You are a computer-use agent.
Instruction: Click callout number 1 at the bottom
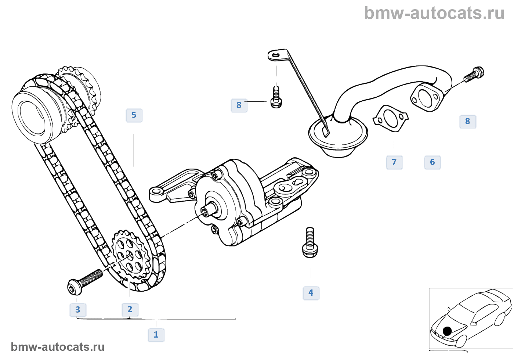pos(156,335)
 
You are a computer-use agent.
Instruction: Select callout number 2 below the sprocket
pos(130,309)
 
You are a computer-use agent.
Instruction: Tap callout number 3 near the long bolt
pos(78,310)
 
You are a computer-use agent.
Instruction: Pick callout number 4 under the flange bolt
pos(311,293)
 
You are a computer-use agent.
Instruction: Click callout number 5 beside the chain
pos(134,115)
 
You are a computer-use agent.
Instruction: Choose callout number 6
pos(432,162)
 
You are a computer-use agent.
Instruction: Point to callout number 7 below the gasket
pos(394,162)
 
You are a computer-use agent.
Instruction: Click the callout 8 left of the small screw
pos(239,105)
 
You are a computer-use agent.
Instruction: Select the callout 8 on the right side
pos(468,121)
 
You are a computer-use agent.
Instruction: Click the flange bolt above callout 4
pos(310,242)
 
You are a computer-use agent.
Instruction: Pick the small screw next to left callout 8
pos(276,97)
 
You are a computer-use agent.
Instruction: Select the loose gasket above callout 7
pos(390,119)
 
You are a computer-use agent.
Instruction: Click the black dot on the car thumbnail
pos(447,331)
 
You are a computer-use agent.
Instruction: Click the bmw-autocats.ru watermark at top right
pos(434,13)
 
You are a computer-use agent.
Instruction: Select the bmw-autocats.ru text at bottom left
pos(58,347)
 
